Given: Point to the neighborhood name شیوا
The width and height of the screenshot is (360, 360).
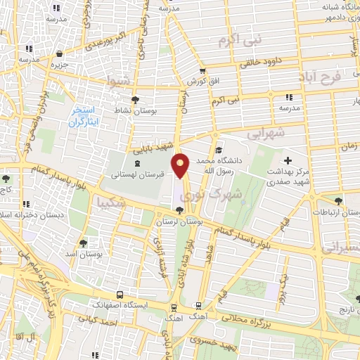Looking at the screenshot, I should [x=119, y=82].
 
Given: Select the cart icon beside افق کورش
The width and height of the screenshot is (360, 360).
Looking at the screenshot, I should [x=202, y=71].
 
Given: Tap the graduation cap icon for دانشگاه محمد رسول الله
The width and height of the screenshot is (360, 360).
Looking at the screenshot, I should [x=219, y=150].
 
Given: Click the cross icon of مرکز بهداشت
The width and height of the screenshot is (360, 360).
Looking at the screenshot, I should [x=287, y=161].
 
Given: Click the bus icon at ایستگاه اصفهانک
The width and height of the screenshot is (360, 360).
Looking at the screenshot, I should [x=120, y=295].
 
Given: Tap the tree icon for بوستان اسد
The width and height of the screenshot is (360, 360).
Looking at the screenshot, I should [x=83, y=243].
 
